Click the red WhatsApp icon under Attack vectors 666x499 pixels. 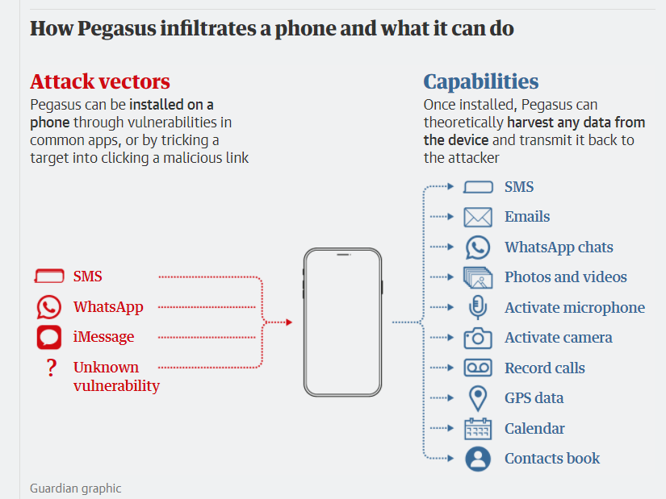click(49, 307)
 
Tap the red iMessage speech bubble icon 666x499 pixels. click(49, 337)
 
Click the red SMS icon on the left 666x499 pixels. click(49, 277)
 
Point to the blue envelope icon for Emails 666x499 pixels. click(478, 217)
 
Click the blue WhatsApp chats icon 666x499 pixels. click(478, 247)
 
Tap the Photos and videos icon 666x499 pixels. click(478, 277)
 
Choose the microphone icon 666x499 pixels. click(478, 307)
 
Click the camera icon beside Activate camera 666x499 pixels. click(478, 338)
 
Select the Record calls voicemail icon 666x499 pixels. click(478, 368)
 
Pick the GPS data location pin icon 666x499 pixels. click(478, 398)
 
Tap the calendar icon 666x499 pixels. click(478, 429)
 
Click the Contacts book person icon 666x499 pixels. click(478, 459)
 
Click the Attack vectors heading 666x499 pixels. click(100, 81)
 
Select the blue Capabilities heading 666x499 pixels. click(481, 81)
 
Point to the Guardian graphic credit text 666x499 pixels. click(76, 488)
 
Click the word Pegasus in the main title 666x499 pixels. click(114, 29)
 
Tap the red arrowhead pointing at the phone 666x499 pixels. click(287, 322)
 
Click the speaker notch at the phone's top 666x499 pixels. click(342, 255)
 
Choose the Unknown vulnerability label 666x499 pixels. click(116, 376)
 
